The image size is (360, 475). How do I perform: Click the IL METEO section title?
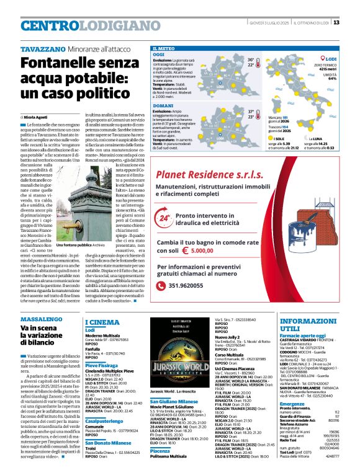164,48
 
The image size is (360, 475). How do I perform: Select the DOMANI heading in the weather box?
163,106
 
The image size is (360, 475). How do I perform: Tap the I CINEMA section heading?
102,322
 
